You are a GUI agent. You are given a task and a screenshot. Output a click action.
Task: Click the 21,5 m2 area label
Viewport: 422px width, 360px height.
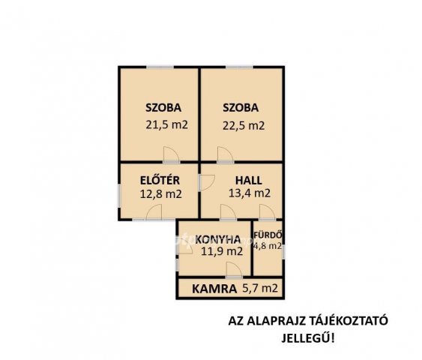click(166, 125)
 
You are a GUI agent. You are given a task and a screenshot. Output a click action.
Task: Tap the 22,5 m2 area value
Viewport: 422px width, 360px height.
click(244, 126)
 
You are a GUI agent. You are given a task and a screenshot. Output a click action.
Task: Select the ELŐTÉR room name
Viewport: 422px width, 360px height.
click(160, 181)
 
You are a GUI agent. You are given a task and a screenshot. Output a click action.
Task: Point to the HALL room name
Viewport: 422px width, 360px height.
click(249, 181)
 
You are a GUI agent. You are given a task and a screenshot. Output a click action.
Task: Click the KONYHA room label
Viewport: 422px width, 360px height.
click(218, 239)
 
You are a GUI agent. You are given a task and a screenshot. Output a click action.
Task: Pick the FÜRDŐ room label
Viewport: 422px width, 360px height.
click(268, 235)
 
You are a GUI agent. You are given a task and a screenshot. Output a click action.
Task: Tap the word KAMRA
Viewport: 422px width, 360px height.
click(214, 289)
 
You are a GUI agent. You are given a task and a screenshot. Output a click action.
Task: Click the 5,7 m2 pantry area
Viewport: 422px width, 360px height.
click(260, 289)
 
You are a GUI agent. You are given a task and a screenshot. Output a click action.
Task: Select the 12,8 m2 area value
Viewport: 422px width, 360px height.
click(160, 193)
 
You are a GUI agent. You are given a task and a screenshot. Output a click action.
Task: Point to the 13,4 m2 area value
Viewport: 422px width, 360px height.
click(250, 193)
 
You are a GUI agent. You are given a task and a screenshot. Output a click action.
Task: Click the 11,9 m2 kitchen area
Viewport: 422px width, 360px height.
click(222, 251)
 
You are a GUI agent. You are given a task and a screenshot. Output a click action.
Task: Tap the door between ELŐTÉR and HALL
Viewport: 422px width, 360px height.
click(206, 183)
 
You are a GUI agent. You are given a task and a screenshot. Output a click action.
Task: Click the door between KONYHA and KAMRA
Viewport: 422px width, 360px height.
click(234, 270)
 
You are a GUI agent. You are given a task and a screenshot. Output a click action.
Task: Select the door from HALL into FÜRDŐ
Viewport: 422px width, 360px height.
click(268, 213)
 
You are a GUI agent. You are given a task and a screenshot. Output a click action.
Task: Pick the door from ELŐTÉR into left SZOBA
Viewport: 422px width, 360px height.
click(171, 154)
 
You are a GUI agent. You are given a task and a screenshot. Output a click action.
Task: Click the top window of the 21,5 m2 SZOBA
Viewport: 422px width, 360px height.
click(160, 67)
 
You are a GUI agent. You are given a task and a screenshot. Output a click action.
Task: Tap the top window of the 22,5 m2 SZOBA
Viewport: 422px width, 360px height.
click(239, 67)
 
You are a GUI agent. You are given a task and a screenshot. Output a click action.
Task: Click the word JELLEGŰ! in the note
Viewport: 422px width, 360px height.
click(308, 338)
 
